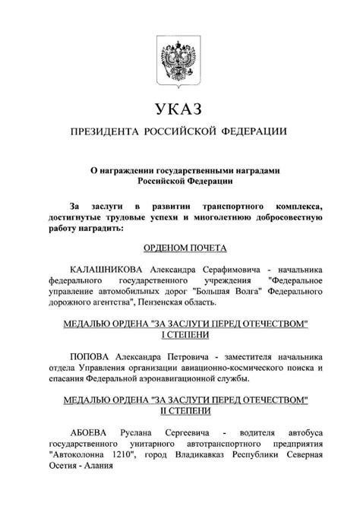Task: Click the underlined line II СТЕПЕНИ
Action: [179, 410]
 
